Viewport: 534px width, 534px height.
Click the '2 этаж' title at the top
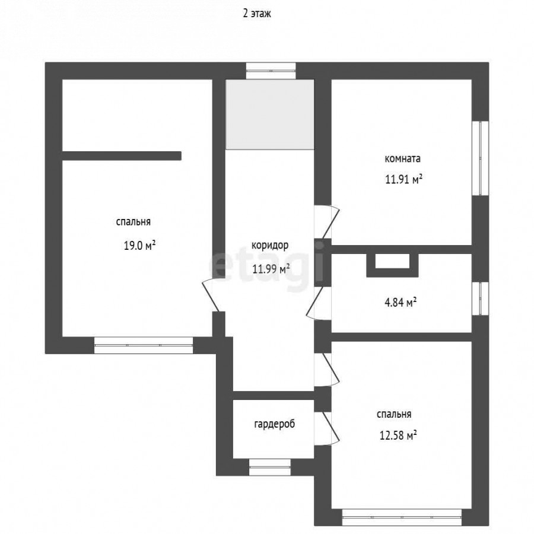tap(257, 14)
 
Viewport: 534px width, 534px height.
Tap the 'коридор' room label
tap(270, 245)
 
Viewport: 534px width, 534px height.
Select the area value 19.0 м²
tap(139, 245)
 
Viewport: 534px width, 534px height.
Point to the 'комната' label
tap(402, 158)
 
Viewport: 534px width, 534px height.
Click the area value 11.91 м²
tap(403, 179)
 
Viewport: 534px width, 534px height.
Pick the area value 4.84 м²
tap(401, 302)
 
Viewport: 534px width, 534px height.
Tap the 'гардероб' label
tap(275, 424)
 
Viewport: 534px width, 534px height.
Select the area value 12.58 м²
tap(399, 436)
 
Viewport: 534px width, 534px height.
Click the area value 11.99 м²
tap(271, 269)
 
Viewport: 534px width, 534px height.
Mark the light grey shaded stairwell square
tap(270, 114)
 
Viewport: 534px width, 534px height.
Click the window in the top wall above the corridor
tap(271, 71)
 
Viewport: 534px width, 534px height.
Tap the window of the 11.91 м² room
tap(480, 158)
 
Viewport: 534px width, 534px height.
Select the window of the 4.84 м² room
tap(480, 298)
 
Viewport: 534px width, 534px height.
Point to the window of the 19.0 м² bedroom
tap(144, 345)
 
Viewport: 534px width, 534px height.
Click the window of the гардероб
tap(270, 467)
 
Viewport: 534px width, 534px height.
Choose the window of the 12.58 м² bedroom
tap(402, 517)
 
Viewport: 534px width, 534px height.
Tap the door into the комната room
tap(327, 221)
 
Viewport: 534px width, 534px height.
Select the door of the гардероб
tap(327, 428)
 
